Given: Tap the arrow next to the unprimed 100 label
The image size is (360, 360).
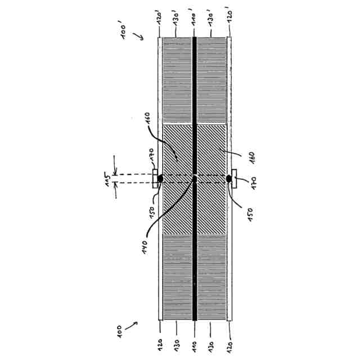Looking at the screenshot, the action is (133, 325).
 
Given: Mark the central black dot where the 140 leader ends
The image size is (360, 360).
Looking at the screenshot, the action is (194, 179).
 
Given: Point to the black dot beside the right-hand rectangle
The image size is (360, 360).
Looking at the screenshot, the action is (229, 179).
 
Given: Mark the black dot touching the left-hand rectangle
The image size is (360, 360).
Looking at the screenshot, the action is (160, 179).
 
